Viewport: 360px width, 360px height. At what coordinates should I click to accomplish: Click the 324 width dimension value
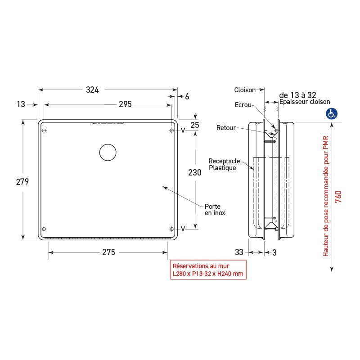click(x=92, y=90)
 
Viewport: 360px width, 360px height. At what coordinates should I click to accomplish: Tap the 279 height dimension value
click(x=22, y=182)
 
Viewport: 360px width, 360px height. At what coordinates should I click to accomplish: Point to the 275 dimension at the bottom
click(x=108, y=252)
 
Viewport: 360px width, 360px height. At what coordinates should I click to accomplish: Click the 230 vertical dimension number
click(x=195, y=172)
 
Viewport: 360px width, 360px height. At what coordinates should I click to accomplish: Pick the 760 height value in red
click(x=338, y=197)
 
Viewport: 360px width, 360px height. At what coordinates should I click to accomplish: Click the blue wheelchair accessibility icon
click(x=332, y=114)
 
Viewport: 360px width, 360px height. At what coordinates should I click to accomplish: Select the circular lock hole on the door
click(x=108, y=153)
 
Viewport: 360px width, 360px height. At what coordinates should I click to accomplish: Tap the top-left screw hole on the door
click(x=44, y=131)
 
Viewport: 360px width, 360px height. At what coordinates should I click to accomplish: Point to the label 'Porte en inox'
click(x=215, y=210)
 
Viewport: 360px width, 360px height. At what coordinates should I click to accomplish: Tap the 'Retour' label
click(x=226, y=128)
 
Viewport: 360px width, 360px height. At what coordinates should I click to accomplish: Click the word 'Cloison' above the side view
click(x=244, y=90)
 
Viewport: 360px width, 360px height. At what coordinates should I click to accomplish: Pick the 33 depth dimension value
click(x=239, y=252)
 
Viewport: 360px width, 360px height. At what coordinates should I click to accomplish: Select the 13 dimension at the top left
click(x=21, y=104)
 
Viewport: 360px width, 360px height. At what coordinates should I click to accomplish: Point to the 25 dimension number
click(x=194, y=125)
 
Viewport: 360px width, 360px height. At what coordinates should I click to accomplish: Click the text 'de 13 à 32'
click(x=298, y=95)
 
